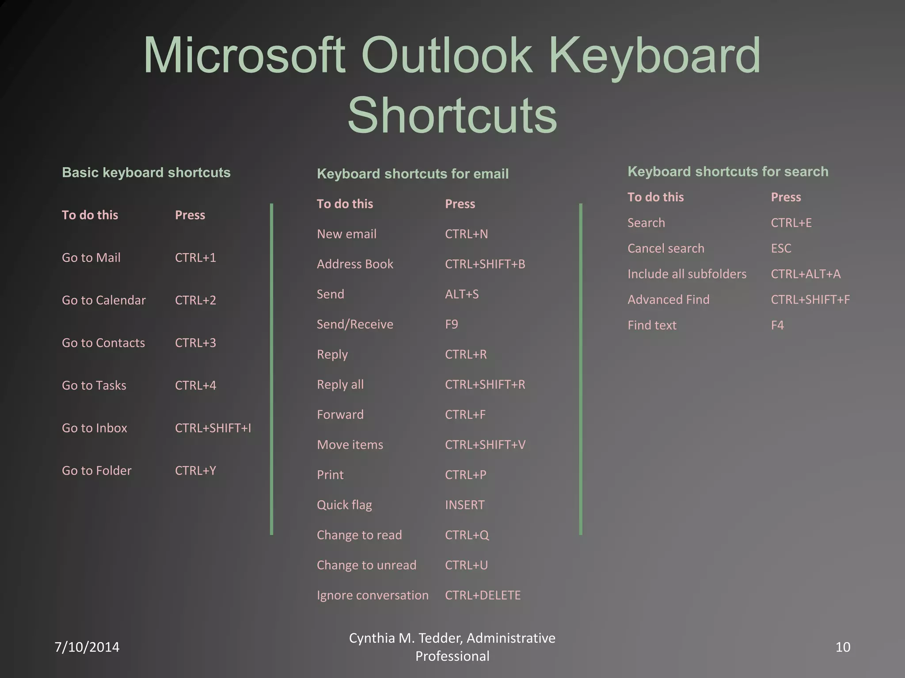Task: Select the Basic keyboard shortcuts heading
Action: [146, 172]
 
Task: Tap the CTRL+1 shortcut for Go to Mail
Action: [195, 258]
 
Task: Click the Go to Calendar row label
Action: [103, 300]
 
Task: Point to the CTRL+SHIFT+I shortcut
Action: [213, 428]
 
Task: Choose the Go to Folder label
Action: [96, 471]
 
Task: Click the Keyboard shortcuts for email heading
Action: [412, 173]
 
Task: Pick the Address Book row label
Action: [355, 264]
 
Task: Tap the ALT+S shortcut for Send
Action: [461, 294]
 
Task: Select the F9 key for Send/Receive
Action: [451, 324]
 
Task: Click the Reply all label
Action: [340, 384]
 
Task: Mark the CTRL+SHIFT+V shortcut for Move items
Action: [485, 445]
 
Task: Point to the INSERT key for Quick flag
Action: [464, 505]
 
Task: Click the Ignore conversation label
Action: [372, 595]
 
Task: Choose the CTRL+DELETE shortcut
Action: [483, 595]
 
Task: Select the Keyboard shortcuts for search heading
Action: [727, 171]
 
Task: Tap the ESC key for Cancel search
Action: [781, 249]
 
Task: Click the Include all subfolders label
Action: [687, 274]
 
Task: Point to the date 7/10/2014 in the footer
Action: [87, 647]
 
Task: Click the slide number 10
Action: [843, 647]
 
